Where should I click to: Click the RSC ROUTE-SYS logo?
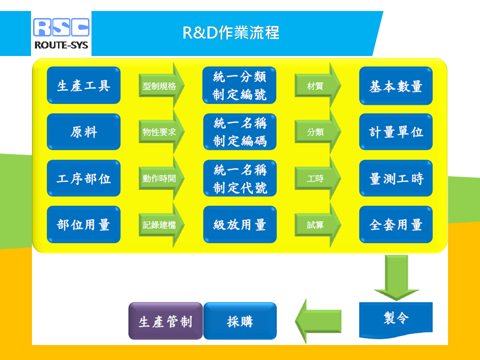[61, 33]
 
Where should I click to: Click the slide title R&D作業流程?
[231, 32]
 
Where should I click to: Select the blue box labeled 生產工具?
[83, 85]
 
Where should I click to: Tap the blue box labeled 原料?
[83, 132]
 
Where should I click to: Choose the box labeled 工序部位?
[83, 178]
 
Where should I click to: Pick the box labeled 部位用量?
[83, 224]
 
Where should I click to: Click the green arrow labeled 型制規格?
[161, 85]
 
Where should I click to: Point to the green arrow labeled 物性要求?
[161, 132]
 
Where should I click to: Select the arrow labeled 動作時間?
[161, 178]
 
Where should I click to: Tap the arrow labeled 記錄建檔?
[161, 224]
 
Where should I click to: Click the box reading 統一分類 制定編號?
[239, 85]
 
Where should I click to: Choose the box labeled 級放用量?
[240, 224]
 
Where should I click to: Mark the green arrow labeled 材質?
[318, 85]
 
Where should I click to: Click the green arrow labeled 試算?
[318, 224]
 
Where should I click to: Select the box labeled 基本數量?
[396, 85]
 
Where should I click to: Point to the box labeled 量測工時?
[396, 178]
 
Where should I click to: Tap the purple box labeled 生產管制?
[165, 321]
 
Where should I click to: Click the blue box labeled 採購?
[240, 321]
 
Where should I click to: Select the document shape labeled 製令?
[396, 319]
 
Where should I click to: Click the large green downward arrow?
[396, 277]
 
